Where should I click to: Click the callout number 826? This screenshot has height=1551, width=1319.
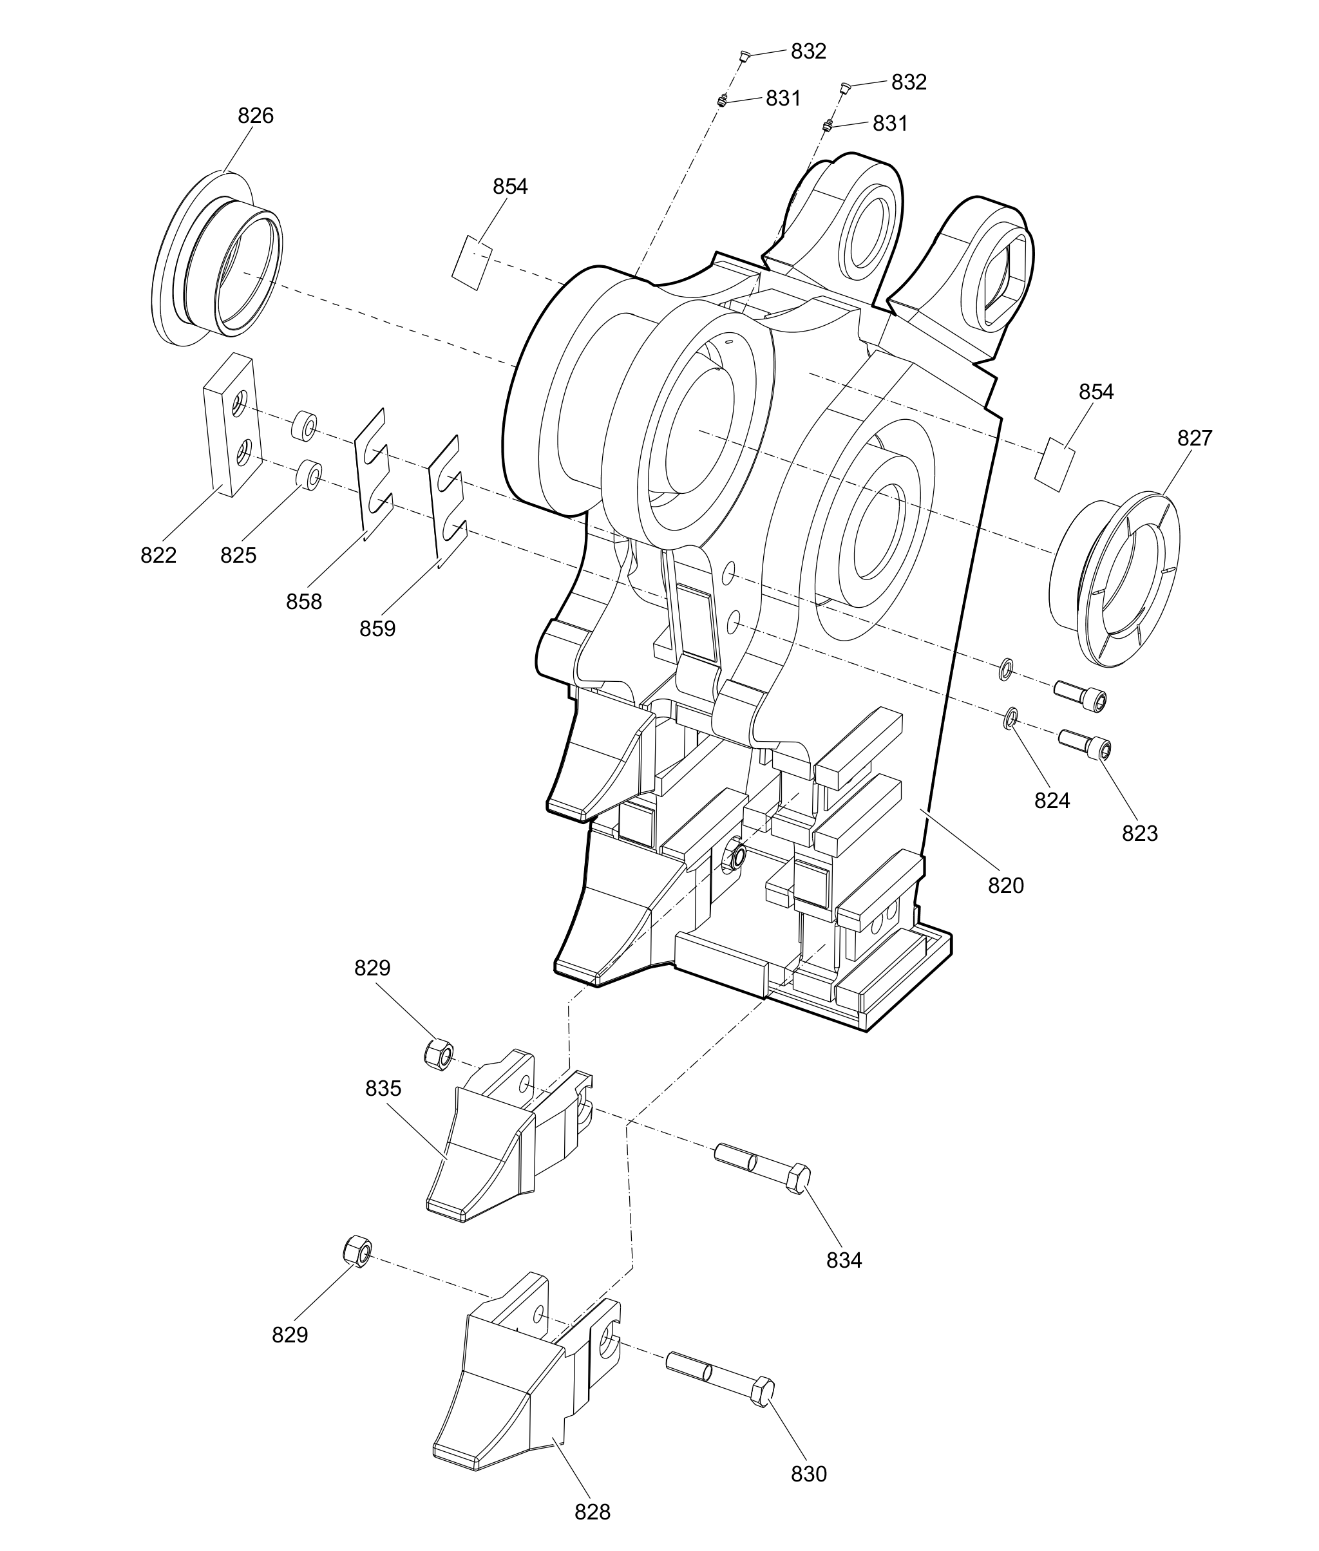coord(256,116)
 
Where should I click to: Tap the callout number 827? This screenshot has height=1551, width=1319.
coord(1194,438)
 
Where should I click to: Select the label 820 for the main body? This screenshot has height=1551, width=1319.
coord(1006,886)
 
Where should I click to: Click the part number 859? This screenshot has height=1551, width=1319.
coord(377,628)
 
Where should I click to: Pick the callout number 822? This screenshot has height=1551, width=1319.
coord(158,556)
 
